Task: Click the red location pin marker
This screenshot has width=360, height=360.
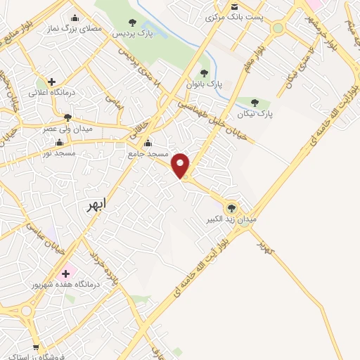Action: point(181,165)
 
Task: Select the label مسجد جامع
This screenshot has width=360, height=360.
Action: point(146,153)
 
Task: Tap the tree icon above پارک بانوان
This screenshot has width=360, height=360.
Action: point(204,72)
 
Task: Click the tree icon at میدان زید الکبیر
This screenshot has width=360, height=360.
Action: point(231,207)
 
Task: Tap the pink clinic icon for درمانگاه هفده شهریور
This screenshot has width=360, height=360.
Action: point(67,273)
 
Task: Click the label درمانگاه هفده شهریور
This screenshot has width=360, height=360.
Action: point(67,285)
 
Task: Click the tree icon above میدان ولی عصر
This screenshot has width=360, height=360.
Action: point(67,117)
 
